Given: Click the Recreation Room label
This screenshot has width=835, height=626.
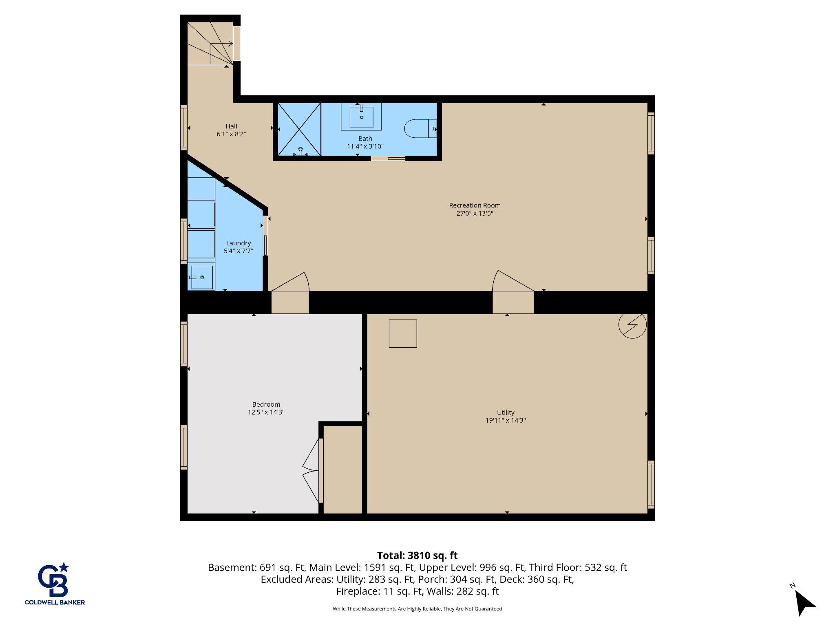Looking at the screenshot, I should (x=475, y=205).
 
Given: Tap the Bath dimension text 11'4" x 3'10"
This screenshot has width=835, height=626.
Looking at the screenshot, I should (x=365, y=146).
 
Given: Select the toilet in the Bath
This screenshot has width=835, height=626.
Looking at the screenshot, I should (x=420, y=128).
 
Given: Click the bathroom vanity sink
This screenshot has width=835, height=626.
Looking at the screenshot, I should (x=361, y=117).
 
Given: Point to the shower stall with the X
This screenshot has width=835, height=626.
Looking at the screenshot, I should (x=299, y=129).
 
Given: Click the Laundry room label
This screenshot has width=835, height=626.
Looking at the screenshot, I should (x=239, y=243).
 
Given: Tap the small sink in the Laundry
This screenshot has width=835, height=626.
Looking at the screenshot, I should (x=202, y=278).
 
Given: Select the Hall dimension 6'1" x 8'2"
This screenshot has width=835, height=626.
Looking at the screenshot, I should (x=231, y=134).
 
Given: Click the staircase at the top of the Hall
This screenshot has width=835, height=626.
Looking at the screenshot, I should (x=210, y=44).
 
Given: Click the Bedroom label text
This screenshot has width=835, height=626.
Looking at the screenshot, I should (x=266, y=404).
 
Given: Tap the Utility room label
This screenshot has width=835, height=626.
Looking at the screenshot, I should (x=506, y=412).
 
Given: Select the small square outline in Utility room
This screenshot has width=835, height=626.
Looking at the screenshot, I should (x=403, y=333).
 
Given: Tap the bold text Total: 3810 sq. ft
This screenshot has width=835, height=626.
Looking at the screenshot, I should (x=417, y=555).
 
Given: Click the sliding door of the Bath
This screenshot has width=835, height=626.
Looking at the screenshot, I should (x=388, y=158).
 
